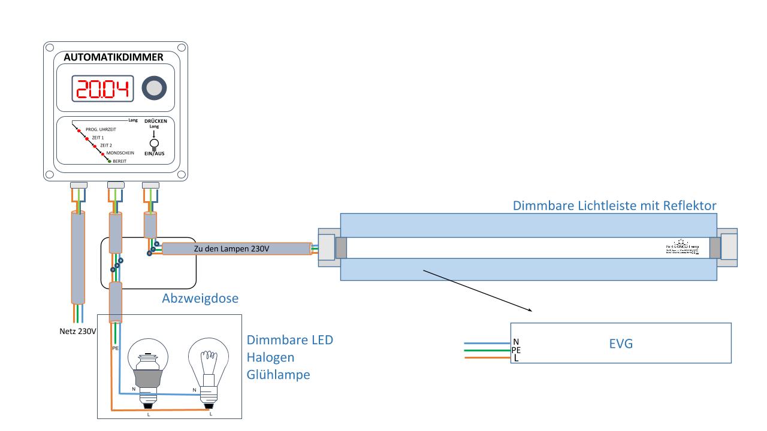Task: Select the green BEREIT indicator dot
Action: coord(108,162)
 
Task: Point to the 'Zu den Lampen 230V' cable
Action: coord(237,248)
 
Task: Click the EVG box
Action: coord(620,344)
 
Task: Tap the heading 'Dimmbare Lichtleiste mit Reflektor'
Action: coord(615,206)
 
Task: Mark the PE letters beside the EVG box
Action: coord(515,350)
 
